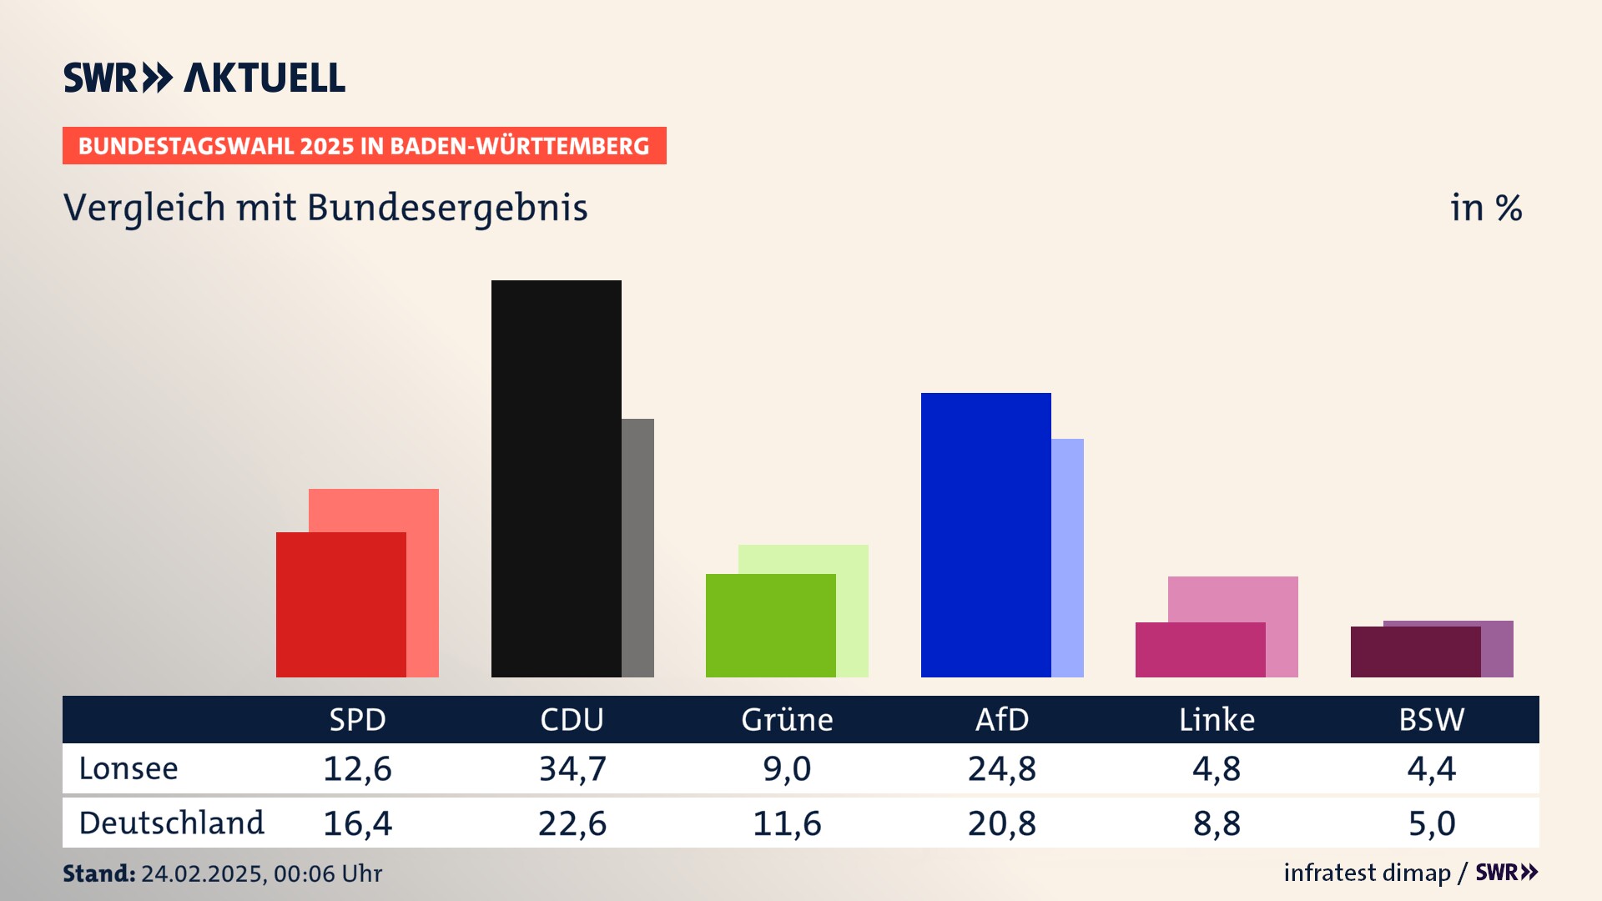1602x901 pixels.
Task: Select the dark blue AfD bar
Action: [x=985, y=534]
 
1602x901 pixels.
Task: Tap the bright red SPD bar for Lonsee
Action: [x=340, y=604]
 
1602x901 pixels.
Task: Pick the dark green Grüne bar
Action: [x=770, y=625]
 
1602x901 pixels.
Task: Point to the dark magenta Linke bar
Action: [x=1200, y=649]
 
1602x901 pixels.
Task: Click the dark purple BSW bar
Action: [x=1415, y=652]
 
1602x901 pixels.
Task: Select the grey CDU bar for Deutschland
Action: [x=638, y=547]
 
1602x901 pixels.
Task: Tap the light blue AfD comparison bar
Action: [x=1067, y=557]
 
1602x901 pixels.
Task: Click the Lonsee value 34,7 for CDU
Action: [x=572, y=768]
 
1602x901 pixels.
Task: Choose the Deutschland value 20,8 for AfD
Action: [x=1001, y=823]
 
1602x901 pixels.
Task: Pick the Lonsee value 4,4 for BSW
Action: [x=1431, y=768]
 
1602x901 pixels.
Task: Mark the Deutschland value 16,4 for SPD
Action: [x=357, y=823]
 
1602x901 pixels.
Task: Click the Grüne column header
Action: [x=787, y=719]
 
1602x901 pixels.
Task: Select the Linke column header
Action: [x=1217, y=719]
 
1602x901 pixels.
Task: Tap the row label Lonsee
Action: [x=128, y=768]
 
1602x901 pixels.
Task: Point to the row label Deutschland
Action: [x=171, y=823]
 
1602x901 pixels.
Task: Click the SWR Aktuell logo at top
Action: [x=204, y=78]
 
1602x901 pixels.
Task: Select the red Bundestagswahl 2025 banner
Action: [x=364, y=146]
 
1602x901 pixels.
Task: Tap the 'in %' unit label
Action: [x=1485, y=209]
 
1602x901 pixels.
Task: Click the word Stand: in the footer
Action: [x=98, y=873]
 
